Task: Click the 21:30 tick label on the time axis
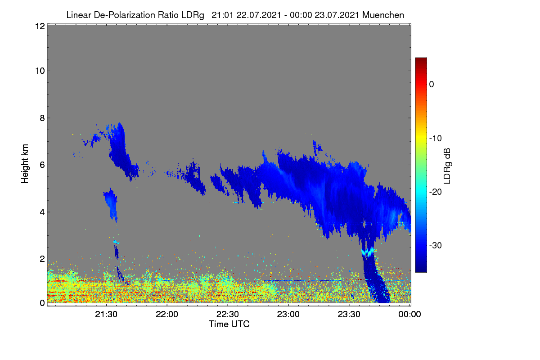(x=106, y=315)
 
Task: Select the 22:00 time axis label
(x=167, y=315)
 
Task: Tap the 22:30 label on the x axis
(x=228, y=315)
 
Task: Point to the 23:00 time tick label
(x=288, y=315)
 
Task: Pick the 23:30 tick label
(x=349, y=315)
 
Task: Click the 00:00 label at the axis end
(x=409, y=315)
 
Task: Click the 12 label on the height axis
(x=40, y=26)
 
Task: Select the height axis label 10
(x=40, y=71)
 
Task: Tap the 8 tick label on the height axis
(x=42, y=118)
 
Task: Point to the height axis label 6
(x=42, y=165)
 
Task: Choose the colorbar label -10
(x=436, y=139)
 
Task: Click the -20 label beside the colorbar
(x=436, y=192)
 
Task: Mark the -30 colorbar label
(x=436, y=245)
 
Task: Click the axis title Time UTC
(x=229, y=324)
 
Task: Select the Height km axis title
(x=25, y=164)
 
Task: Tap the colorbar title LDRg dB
(x=447, y=166)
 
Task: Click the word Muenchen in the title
(x=383, y=15)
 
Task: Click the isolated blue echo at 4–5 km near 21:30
(x=111, y=204)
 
